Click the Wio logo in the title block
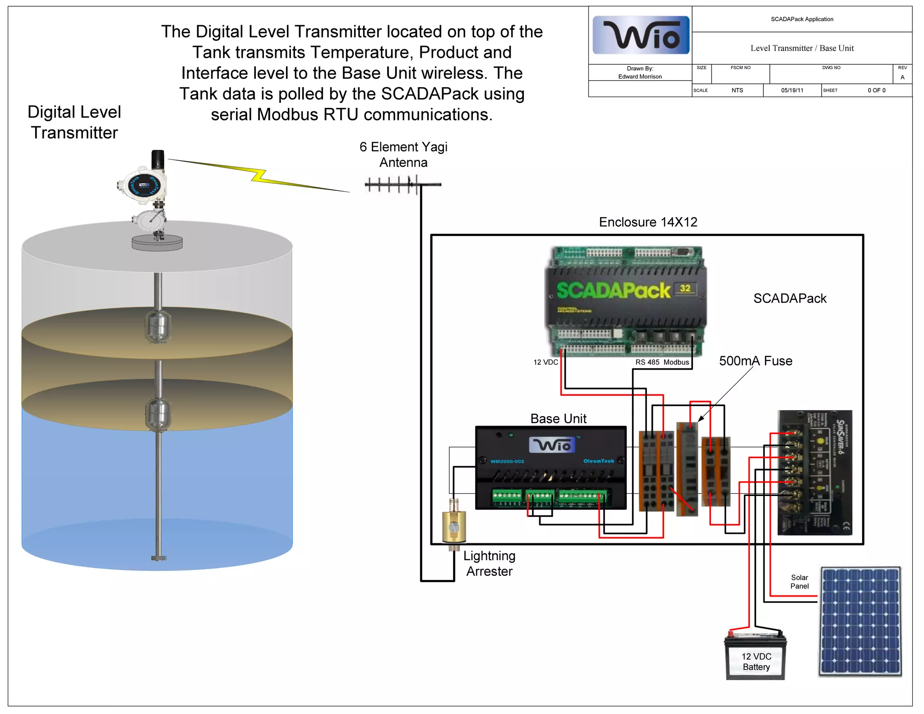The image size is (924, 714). click(641, 35)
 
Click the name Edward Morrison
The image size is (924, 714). click(640, 77)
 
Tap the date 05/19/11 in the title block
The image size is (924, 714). click(792, 90)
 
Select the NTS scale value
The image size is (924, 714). click(737, 90)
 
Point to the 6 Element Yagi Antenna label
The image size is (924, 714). click(403, 154)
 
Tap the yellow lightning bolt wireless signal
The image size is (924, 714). click(259, 176)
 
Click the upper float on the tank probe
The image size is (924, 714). click(158, 326)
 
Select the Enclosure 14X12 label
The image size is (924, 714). click(648, 222)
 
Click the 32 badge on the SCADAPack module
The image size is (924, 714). click(685, 288)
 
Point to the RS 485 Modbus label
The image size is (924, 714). click(662, 362)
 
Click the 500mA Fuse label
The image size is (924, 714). click(755, 361)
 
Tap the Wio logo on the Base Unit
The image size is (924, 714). click(552, 445)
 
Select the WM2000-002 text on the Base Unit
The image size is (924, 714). click(507, 461)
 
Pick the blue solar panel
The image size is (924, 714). click(860, 622)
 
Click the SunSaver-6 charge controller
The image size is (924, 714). click(815, 473)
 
